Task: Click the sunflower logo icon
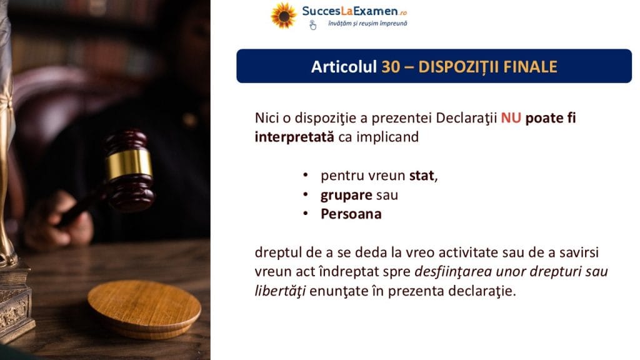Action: click(284, 16)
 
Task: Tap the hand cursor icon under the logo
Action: click(312, 25)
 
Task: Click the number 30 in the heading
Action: click(391, 66)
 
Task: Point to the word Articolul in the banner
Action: click(344, 66)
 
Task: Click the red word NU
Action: click(511, 118)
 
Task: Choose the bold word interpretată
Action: click(294, 137)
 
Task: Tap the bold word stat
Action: click(422, 176)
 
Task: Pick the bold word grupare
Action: click(346, 196)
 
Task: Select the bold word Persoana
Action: click(351, 214)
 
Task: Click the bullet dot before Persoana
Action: click(305, 214)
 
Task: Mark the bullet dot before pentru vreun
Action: click(305, 175)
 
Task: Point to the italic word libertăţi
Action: click(280, 291)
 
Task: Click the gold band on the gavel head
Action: click(129, 164)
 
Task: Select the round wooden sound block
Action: click(144, 309)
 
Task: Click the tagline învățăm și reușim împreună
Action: click(367, 24)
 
